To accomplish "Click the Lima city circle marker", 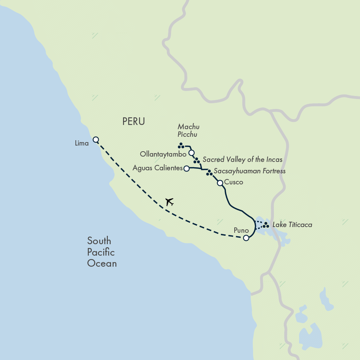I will pyautogui.click(x=96, y=139).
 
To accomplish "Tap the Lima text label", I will pyautogui.click(x=82, y=143).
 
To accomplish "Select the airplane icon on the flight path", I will pyautogui.click(x=170, y=202).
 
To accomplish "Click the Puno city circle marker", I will pyautogui.click(x=246, y=238).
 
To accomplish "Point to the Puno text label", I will pyautogui.click(x=241, y=230).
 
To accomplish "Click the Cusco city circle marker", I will pyautogui.click(x=220, y=183).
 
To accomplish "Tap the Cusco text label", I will pyautogui.click(x=234, y=182).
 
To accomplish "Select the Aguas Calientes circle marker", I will pyautogui.click(x=186, y=168).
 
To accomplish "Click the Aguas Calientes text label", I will pyautogui.click(x=158, y=168).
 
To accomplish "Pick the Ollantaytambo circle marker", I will pyautogui.click(x=191, y=153).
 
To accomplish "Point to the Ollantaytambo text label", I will pyautogui.click(x=163, y=154).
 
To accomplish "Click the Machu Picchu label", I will pyautogui.click(x=189, y=130).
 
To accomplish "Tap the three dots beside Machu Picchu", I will pyautogui.click(x=181, y=146).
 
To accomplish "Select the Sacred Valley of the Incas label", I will pyautogui.click(x=242, y=159).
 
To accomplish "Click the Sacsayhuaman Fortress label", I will pyautogui.click(x=250, y=171).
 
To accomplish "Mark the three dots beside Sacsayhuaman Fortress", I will pyautogui.click(x=209, y=173).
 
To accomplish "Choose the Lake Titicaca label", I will pyautogui.click(x=292, y=225).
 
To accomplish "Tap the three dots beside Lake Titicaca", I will pyautogui.click(x=266, y=225).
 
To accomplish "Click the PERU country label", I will pyautogui.click(x=134, y=122).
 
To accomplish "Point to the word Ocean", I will pyautogui.click(x=102, y=263).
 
